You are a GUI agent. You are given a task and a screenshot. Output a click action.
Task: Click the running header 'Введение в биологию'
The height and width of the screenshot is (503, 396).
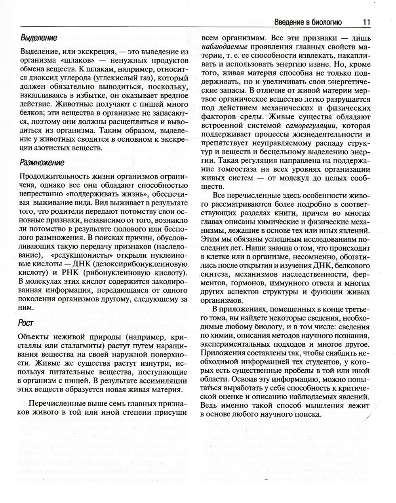308,23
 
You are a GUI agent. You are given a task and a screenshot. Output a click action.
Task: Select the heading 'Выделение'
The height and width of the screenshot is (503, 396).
39,38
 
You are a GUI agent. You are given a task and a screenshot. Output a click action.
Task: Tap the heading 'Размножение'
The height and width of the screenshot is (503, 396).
42,163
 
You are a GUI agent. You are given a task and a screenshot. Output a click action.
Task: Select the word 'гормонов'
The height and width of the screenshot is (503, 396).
248,284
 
